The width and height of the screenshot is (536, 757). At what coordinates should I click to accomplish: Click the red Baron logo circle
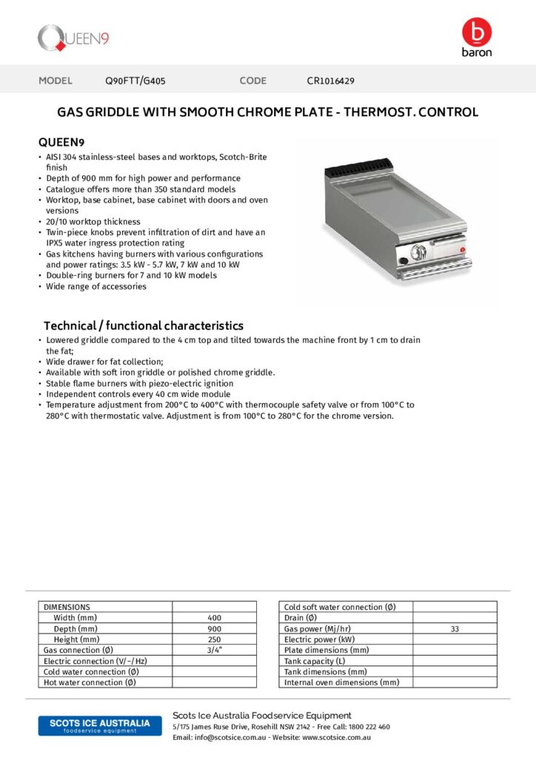pos(476,32)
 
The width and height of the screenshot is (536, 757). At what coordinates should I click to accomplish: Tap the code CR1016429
pos(335,81)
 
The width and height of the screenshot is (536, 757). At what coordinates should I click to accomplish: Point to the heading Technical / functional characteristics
pos(144,325)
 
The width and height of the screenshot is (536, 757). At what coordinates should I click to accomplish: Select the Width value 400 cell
pos(214,618)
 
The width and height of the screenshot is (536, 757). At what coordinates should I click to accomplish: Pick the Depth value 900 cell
pos(214,628)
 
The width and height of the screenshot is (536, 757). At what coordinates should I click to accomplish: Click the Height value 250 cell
pos(214,639)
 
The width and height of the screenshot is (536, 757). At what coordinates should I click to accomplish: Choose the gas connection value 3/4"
pos(214,650)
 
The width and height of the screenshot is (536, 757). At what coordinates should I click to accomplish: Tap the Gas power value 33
pos(455,628)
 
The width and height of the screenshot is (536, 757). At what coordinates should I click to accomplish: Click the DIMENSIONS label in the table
pos(67,607)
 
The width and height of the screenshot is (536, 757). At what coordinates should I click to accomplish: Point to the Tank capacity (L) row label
pos(315,661)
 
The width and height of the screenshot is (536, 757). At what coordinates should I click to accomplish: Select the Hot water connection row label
pos(90,682)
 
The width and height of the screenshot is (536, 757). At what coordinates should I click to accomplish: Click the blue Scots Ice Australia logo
pos(99,725)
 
